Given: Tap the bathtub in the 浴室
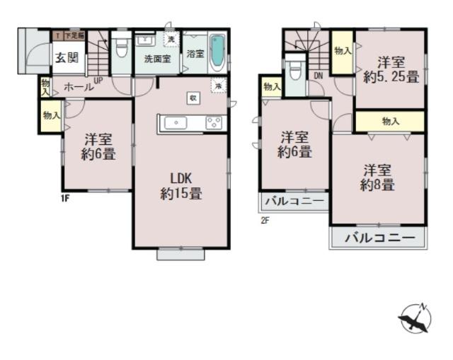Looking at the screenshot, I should [x=217, y=52].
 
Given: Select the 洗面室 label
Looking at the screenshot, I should [x=156, y=59].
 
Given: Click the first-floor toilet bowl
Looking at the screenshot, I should [x=122, y=50].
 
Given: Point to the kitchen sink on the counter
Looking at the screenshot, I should [x=174, y=123].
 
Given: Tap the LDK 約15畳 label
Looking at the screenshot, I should [x=181, y=185].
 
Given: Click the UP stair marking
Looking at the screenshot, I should [x=98, y=80].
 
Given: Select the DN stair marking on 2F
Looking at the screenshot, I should [x=319, y=76].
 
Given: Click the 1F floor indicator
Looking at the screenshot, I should [x=65, y=198].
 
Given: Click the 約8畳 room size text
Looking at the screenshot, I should [x=377, y=185].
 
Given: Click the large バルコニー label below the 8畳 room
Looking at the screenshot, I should [x=379, y=238].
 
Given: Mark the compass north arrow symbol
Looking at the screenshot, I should [x=415, y=320].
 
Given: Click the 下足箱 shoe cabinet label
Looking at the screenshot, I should [x=74, y=35].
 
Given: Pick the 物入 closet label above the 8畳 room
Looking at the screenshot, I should [x=391, y=122].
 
